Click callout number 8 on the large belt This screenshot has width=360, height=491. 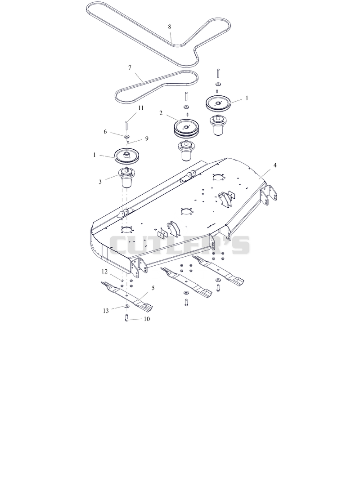point(170,27)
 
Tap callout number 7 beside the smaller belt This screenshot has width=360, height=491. point(130,67)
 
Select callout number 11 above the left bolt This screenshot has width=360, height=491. point(141,108)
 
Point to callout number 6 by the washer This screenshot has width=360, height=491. point(105,132)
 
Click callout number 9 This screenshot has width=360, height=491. point(147,138)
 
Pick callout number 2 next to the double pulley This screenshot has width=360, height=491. point(161,113)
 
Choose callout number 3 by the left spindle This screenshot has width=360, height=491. point(100,182)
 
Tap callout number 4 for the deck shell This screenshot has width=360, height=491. point(275,165)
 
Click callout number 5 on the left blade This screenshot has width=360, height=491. point(153,288)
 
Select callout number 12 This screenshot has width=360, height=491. point(104,271)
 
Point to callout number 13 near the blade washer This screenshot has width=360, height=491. point(106,311)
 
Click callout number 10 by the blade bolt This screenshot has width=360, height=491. point(147,319)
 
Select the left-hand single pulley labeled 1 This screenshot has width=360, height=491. point(128,155)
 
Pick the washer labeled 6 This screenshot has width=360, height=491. point(127,137)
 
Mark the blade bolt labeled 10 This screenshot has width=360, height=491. point(126,317)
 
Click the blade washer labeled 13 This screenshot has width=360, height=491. point(127,306)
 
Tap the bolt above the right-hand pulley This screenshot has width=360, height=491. point(218,73)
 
